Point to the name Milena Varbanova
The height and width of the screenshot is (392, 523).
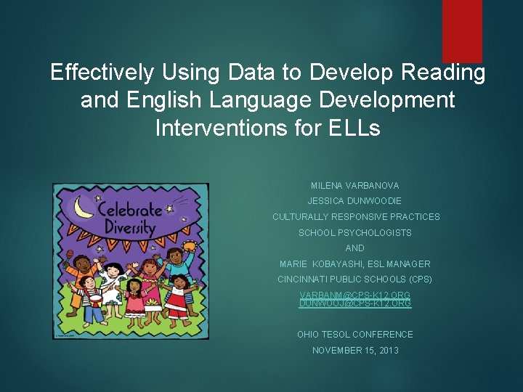[x=355, y=186]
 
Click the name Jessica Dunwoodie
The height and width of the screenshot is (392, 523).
[x=355, y=201]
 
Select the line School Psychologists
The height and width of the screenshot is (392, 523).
[x=355, y=233]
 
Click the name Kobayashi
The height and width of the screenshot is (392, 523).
[x=344, y=264]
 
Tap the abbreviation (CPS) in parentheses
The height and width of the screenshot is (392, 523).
[x=420, y=279]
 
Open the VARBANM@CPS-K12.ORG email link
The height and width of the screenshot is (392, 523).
[x=355, y=295]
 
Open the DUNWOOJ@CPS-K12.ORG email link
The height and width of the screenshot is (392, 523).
[x=355, y=303]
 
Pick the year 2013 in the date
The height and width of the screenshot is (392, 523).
[x=387, y=351]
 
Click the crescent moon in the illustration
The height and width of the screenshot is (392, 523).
[x=84, y=207]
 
